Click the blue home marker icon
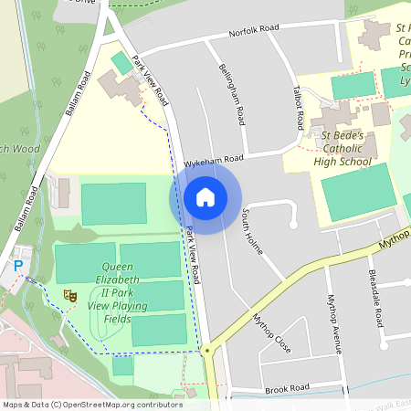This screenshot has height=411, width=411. tap(205, 197)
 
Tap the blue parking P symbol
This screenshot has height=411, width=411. tap(17, 266)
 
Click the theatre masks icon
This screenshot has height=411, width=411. tap(68, 294)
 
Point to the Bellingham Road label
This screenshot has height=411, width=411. tap(232, 94)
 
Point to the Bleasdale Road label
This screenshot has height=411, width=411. tap(373, 299)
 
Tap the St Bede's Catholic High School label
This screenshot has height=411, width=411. tap(343, 149)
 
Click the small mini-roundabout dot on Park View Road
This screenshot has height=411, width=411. tap(207, 350)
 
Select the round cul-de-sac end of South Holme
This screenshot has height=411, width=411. tap(293, 223)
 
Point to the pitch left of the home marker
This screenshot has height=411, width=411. tap(113, 203)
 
